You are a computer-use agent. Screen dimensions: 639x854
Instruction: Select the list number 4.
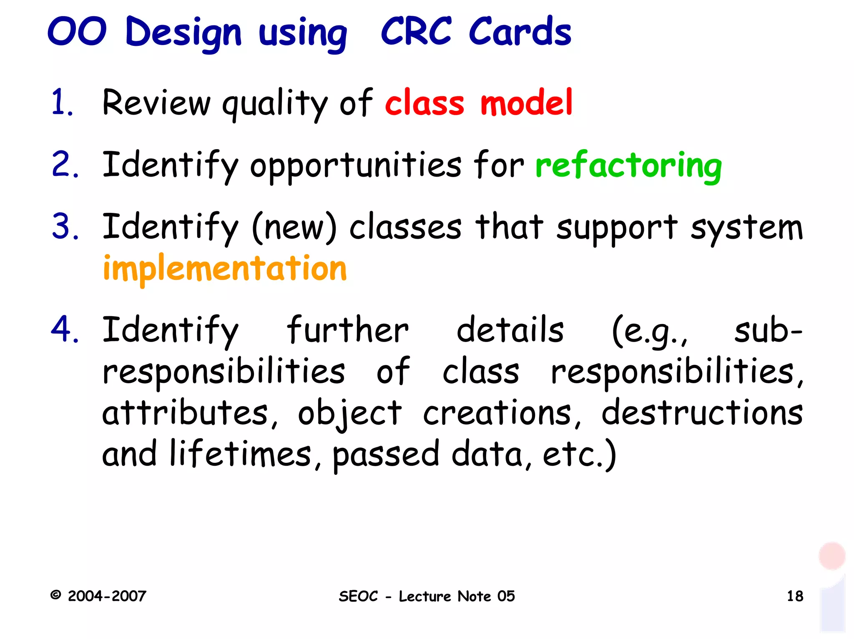64,329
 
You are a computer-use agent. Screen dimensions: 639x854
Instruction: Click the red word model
526,102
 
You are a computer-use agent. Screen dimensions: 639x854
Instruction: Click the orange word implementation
225,269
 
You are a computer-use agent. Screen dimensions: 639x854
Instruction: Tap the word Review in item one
156,102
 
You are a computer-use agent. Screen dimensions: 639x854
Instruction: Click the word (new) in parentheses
294,227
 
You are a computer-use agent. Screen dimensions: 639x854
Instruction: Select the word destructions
702,413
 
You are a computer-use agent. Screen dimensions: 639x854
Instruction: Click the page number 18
795,596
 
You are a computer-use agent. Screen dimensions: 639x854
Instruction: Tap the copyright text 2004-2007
107,596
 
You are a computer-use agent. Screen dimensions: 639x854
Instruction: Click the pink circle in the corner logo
831,556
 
